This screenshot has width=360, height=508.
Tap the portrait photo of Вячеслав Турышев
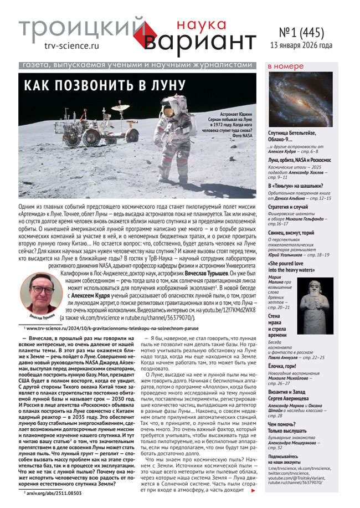coord(40,293)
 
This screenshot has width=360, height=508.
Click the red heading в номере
coord(285,67)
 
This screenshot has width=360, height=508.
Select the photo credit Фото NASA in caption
coord(239,134)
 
